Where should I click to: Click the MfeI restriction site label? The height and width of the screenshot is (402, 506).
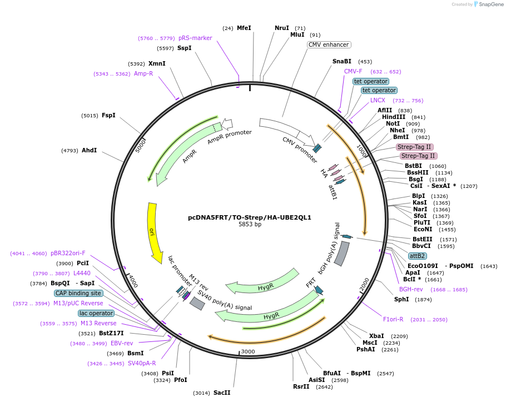tap(244, 28)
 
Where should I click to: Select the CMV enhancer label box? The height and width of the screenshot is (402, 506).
tap(329, 44)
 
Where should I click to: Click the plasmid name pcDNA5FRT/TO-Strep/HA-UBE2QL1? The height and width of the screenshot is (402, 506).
tap(250, 217)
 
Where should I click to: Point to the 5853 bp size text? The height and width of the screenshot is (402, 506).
tap(250, 225)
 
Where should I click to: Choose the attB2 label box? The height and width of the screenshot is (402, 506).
tap(417, 256)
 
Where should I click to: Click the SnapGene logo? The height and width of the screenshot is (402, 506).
tap(489, 4)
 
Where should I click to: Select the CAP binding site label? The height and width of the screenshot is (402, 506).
tap(78, 293)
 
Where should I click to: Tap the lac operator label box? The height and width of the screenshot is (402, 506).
tap(96, 313)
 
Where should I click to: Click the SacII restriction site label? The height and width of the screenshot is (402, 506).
tap(222, 393)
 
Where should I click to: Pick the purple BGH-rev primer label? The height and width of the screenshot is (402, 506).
tap(411, 289)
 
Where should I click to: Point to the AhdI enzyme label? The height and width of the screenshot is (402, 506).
tap(90, 150)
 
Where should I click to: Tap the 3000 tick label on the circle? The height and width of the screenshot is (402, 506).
tap(247, 351)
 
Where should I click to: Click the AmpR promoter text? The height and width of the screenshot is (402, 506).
tap(230, 137)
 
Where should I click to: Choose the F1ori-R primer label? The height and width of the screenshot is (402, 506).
tap(393, 319)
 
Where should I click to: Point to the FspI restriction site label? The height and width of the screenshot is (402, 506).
tap(108, 115)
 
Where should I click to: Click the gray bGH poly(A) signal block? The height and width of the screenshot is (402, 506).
tap(341, 254)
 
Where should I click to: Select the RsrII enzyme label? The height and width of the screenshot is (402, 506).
tap(301, 386)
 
